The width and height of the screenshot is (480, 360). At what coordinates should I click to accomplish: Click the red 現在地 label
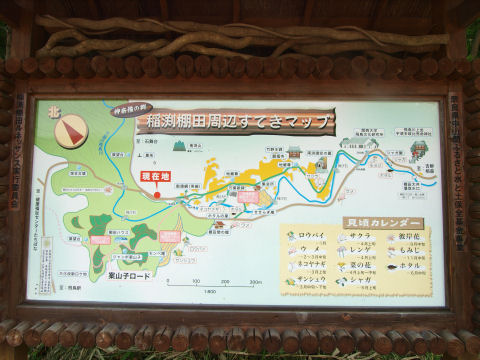150,176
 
